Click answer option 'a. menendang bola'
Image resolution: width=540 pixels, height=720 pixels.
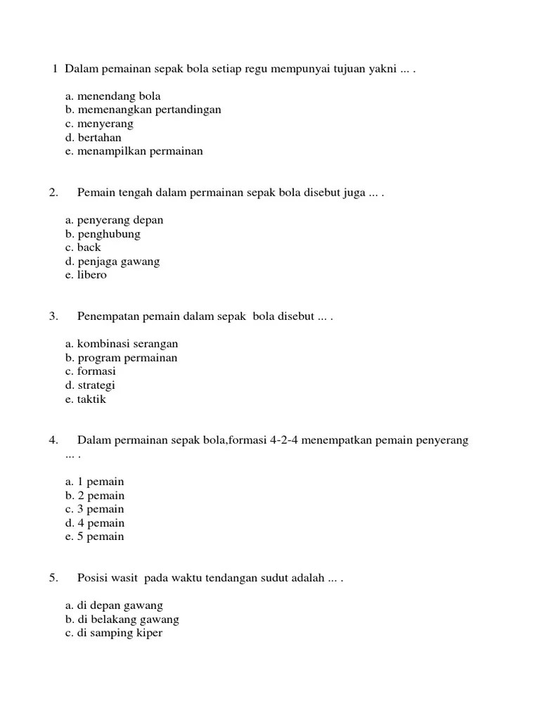(112, 96)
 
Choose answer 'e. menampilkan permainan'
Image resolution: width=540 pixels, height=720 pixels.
(134, 151)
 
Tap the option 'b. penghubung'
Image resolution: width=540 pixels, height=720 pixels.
(103, 233)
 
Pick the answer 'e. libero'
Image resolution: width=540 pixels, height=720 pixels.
(86, 275)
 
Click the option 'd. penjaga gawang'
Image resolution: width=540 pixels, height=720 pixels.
(112, 262)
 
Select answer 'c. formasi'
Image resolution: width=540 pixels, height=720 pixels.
(91, 371)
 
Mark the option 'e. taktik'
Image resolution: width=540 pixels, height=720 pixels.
(86, 399)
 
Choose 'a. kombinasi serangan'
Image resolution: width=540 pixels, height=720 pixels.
(122, 344)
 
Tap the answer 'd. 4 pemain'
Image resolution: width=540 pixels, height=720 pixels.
(95, 523)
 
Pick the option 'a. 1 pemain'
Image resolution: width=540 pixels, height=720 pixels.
(94, 482)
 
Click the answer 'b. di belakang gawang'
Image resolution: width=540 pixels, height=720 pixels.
(122, 619)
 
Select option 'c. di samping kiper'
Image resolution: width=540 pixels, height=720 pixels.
(114, 633)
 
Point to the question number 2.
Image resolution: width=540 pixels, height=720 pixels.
(53, 192)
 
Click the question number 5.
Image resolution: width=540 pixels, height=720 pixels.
(53, 578)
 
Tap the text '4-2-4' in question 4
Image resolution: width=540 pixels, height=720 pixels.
(285, 441)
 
